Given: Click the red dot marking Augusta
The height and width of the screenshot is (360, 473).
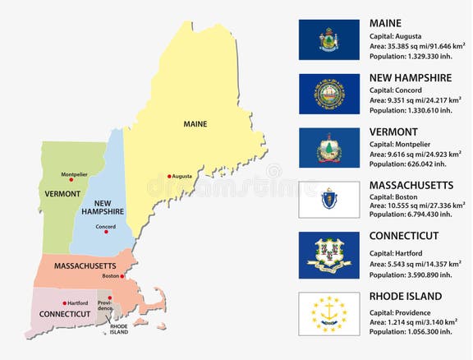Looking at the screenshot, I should [170, 177].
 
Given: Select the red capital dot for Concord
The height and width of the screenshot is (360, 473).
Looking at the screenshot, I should [105, 233].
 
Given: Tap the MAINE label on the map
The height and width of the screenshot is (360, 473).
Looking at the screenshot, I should [195, 124].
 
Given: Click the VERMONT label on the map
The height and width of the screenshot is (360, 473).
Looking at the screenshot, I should [62, 194].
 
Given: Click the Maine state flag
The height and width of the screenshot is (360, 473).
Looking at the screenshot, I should [328, 39].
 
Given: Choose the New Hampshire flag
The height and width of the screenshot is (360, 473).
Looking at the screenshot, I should [328, 93].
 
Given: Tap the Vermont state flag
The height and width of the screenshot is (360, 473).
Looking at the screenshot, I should [328, 146].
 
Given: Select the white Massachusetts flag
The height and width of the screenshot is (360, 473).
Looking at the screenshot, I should [328, 200].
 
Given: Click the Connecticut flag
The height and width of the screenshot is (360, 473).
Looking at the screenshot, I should [328, 254].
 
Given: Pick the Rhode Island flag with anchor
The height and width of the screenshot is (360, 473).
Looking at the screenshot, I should [328, 313].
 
